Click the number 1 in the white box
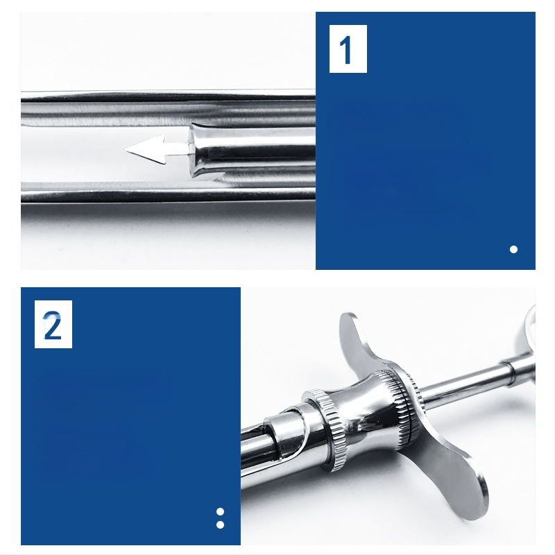(x=345, y=50)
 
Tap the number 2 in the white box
(x=53, y=325)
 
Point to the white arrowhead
(x=146, y=149)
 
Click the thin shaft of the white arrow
(x=178, y=149)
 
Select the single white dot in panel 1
(x=513, y=250)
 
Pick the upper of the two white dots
(x=220, y=512)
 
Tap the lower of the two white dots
(x=220, y=524)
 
